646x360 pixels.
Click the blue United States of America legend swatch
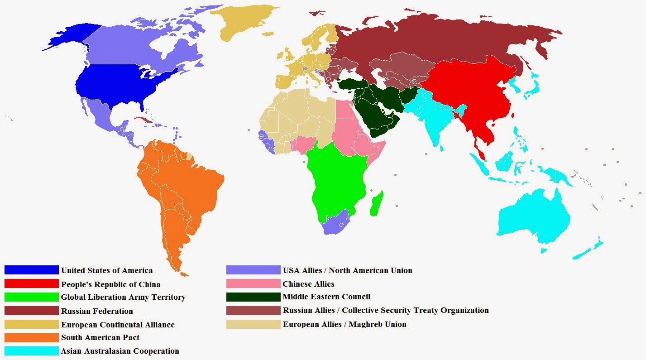click(32, 270)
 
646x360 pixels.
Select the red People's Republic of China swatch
click(32, 284)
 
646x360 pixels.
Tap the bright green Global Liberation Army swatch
click(32, 297)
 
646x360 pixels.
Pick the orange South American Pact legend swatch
click(32, 337)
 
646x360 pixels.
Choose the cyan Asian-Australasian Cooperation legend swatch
click(32, 351)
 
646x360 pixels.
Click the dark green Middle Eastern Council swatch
click(253, 297)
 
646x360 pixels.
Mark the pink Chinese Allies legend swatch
click(253, 284)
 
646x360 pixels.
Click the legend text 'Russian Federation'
click(97, 311)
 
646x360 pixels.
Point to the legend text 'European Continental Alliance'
click(118, 325)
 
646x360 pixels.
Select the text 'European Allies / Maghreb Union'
click(345, 324)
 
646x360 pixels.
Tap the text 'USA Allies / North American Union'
click(347, 270)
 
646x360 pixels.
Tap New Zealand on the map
click(589, 249)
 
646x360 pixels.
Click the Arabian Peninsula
click(380, 118)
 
